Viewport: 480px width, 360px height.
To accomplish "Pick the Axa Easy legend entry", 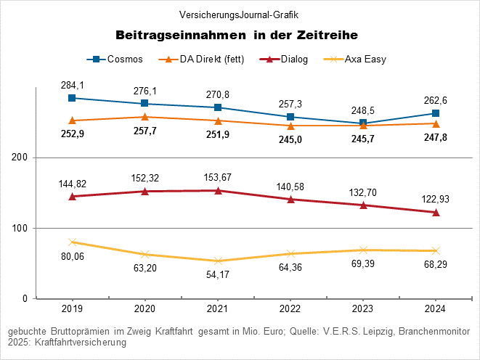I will [x=359, y=60].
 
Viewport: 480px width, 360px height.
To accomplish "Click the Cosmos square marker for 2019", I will [x=72, y=98].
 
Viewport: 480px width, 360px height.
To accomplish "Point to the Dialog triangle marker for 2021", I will [x=217, y=191].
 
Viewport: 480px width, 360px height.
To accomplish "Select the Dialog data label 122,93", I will [x=435, y=198].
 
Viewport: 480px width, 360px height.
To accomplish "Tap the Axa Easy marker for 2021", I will [x=217, y=261].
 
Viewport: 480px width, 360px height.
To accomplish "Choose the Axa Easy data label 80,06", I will [x=72, y=256].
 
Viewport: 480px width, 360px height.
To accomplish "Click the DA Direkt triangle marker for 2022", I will [x=290, y=126].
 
